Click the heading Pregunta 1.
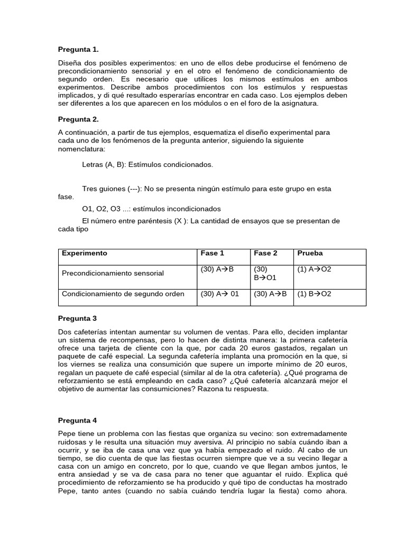(x=78, y=50)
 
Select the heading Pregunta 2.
(x=78, y=119)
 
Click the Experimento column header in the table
(x=85, y=254)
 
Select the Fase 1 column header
(x=213, y=254)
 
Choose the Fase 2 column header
(x=265, y=254)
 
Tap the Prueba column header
(x=310, y=254)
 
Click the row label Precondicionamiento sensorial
(x=113, y=274)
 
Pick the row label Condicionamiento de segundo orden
(x=123, y=294)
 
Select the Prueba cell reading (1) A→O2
(x=314, y=269)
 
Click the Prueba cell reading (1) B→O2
(x=314, y=294)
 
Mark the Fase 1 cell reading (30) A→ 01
(x=220, y=294)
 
